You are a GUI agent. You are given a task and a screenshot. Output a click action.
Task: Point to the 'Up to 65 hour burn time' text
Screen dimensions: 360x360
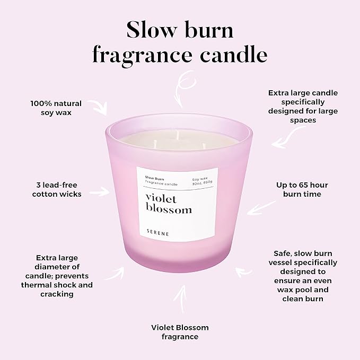(302, 189)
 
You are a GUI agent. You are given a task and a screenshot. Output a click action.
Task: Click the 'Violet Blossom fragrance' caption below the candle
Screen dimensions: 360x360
(179, 332)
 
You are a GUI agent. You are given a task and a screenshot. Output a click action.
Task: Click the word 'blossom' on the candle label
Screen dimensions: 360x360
(169, 209)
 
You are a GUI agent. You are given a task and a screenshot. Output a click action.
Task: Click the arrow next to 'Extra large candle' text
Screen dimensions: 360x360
(283, 138)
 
